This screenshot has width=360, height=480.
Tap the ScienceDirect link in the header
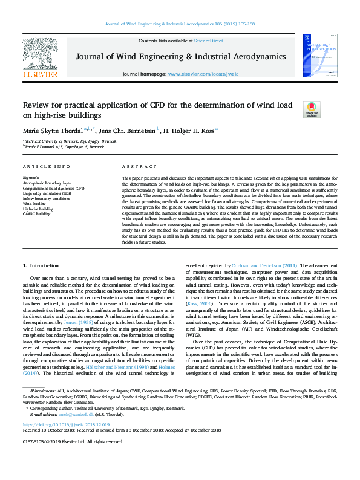click(x=208, y=41)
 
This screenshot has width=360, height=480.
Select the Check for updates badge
click(x=312, y=109)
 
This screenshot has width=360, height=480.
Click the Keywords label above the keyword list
click(x=31, y=178)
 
